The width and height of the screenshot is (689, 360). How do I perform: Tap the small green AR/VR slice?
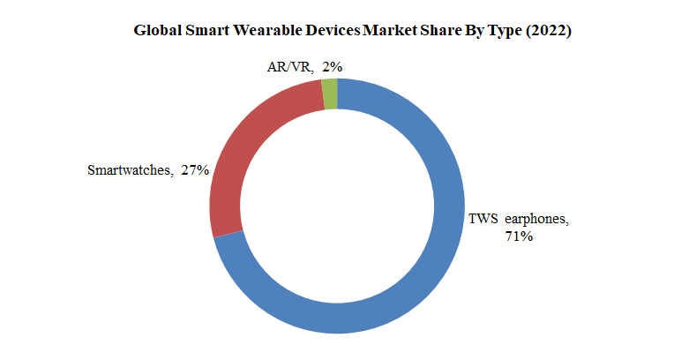[x=330, y=94]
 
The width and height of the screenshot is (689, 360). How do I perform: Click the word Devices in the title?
[x=329, y=31]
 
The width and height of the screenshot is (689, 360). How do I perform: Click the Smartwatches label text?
[x=129, y=170]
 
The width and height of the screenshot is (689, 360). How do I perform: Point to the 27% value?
[x=194, y=170]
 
